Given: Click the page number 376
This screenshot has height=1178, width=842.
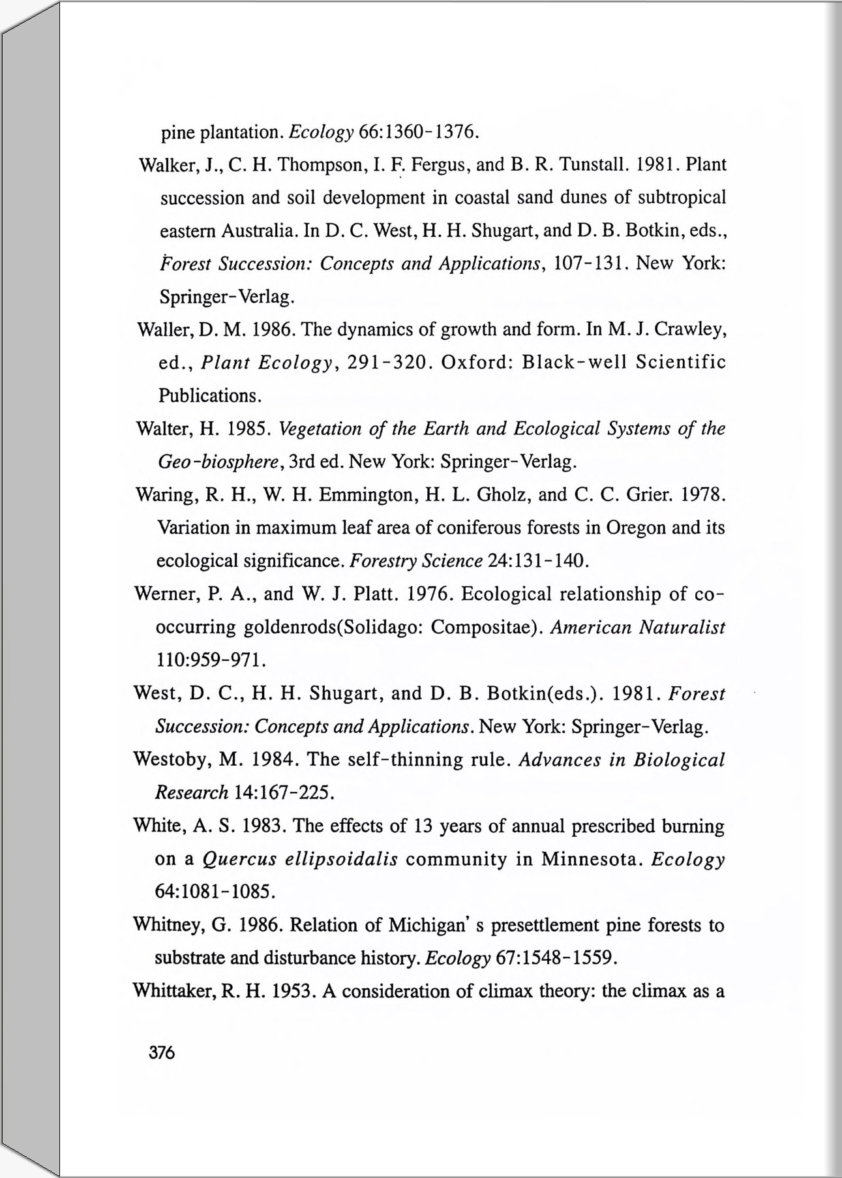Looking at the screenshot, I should click(162, 1053).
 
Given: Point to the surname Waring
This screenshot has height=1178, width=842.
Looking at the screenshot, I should click(166, 494).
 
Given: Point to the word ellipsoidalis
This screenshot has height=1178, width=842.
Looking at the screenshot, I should click(342, 859).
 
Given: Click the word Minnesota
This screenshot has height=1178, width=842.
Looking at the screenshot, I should click(589, 859).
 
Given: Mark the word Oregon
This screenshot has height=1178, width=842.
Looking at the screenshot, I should click(636, 527).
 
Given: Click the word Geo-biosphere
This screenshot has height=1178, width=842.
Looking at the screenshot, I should click(219, 462).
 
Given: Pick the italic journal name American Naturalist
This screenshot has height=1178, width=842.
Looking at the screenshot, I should click(638, 627).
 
